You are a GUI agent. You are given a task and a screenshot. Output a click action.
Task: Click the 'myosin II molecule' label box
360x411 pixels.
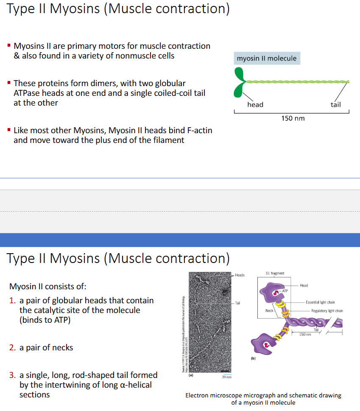[267, 58]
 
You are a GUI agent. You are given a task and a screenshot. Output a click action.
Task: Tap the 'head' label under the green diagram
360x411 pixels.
[255, 104]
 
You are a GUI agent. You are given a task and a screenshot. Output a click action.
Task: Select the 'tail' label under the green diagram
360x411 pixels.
[335, 104]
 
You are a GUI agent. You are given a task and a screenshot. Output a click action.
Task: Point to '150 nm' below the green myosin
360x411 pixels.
[293, 118]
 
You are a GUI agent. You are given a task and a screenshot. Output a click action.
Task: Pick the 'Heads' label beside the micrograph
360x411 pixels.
[240, 275]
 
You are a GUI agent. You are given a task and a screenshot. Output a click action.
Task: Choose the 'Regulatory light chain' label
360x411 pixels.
[327, 311]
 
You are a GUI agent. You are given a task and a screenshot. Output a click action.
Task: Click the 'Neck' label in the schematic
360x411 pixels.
[269, 311]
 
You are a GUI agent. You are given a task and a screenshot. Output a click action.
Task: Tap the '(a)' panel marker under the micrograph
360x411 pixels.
[190, 375]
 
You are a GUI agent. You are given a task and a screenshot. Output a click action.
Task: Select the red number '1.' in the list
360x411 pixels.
[13, 300]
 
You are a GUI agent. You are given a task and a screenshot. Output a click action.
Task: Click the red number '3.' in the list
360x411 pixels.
[13, 375]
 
